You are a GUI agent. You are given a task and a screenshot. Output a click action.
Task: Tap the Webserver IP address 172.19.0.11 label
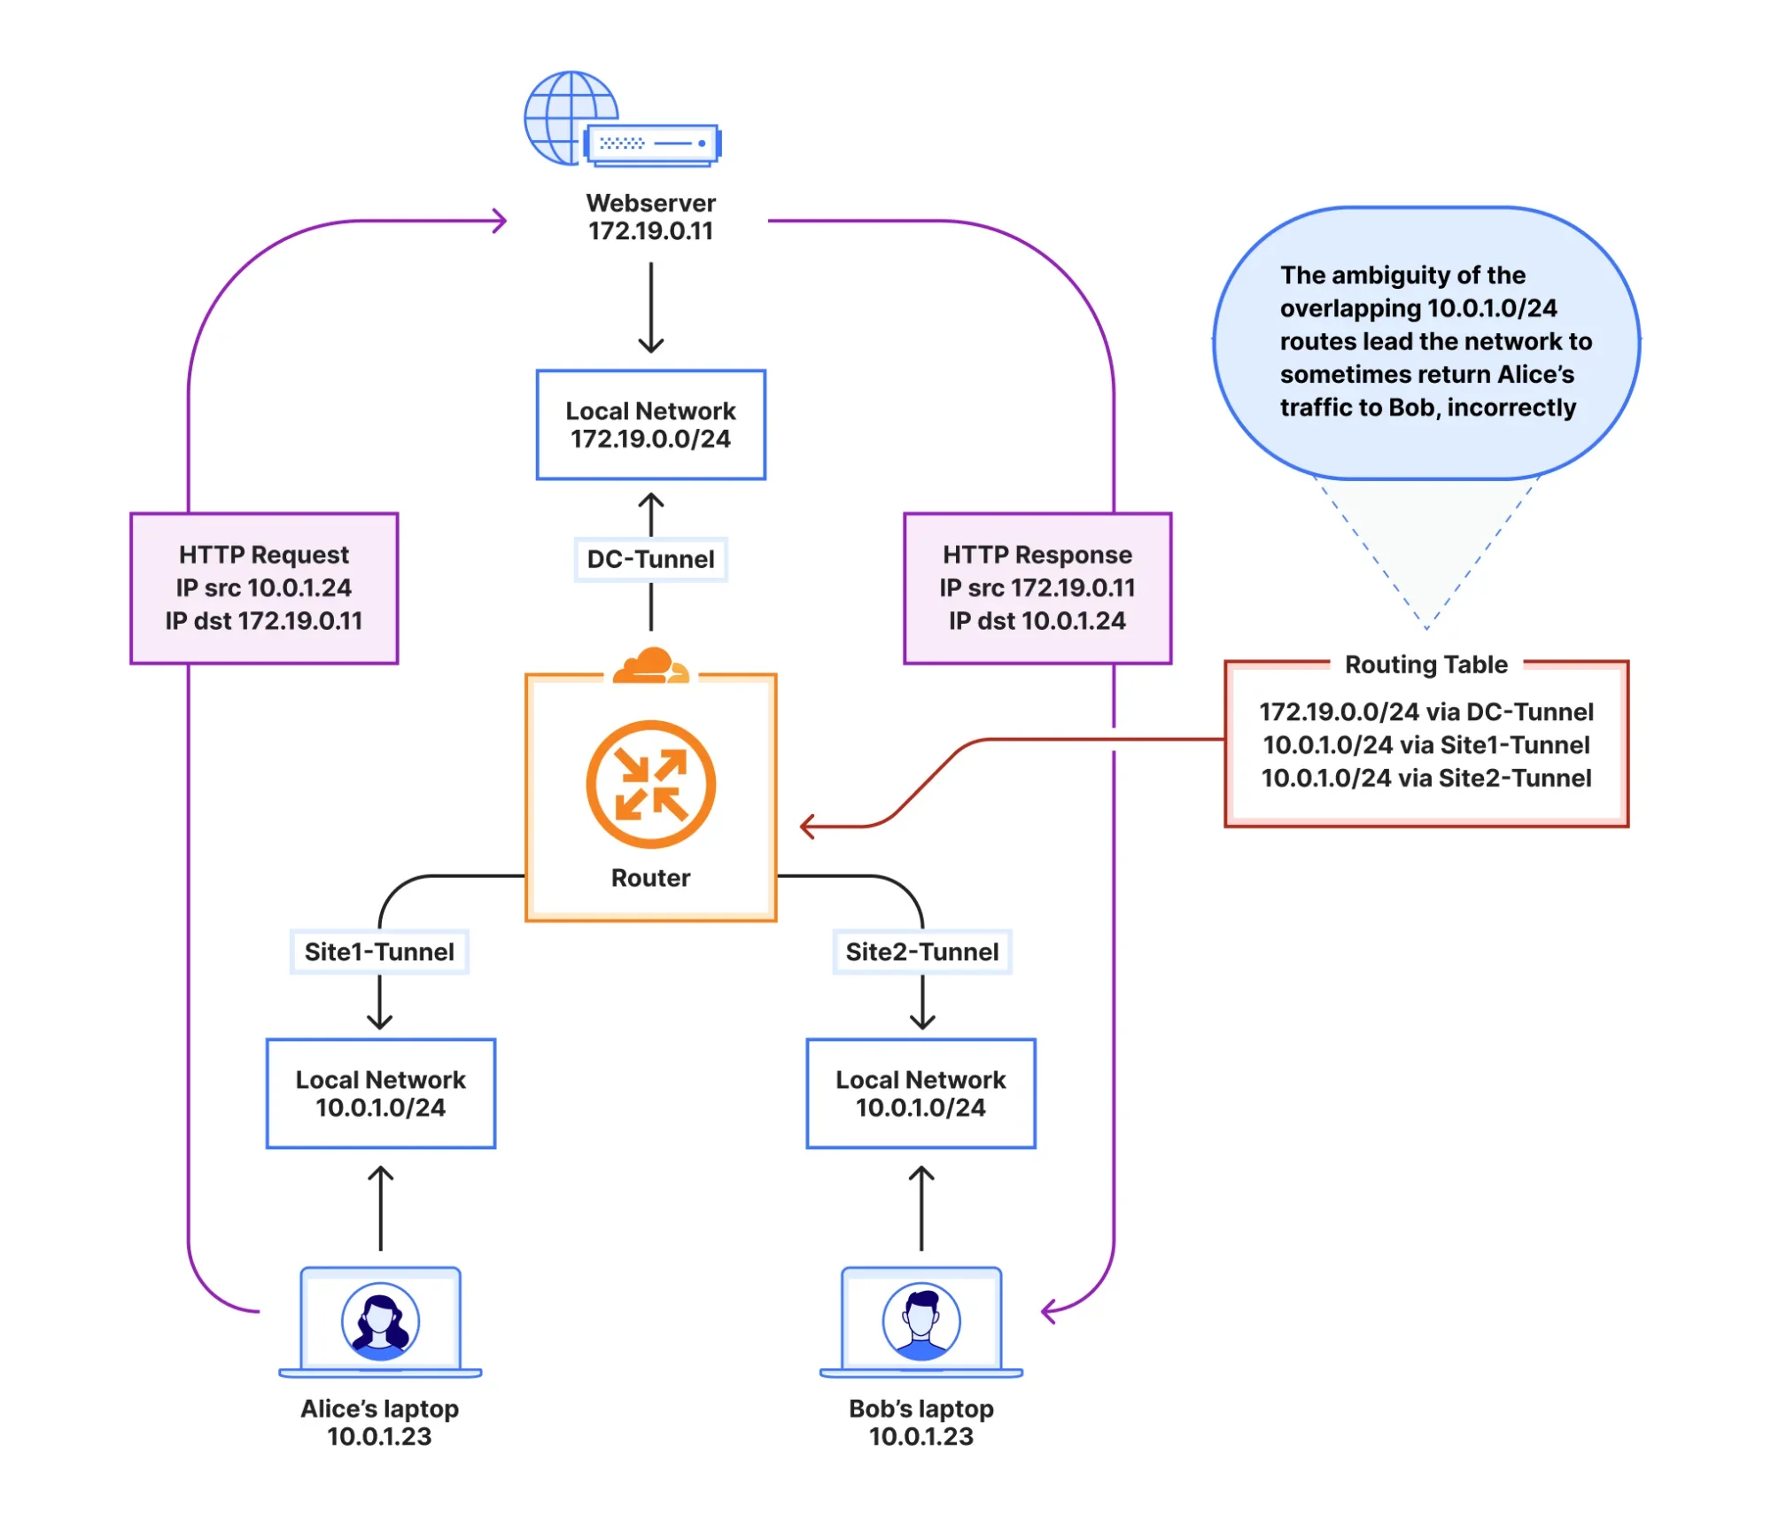(650, 231)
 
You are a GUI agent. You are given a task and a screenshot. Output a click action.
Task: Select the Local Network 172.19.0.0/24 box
(650, 424)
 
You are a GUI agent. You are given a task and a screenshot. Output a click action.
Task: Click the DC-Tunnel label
(650, 559)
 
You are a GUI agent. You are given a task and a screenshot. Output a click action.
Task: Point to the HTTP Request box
(264, 587)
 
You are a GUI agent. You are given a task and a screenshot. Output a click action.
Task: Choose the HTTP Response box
(1037, 587)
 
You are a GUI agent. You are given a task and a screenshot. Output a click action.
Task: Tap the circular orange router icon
(650, 783)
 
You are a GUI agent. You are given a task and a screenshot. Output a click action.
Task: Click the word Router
(650, 877)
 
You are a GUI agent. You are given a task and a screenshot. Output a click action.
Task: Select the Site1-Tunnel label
(379, 952)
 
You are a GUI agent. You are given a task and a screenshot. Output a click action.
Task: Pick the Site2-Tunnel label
(921, 952)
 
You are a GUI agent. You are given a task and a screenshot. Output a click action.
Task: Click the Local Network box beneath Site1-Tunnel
(381, 1093)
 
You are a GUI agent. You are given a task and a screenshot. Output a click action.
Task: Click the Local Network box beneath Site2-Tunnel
(920, 1093)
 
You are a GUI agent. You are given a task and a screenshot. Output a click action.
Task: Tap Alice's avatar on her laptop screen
(380, 1321)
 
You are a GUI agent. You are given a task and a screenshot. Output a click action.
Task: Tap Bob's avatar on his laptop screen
(920, 1321)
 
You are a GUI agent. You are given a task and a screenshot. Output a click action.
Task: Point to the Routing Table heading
(1425, 664)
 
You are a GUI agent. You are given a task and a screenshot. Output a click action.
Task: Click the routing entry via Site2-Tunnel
(1425, 778)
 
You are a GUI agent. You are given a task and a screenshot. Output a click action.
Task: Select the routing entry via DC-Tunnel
(1425, 711)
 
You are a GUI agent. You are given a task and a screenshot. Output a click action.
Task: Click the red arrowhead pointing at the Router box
(805, 827)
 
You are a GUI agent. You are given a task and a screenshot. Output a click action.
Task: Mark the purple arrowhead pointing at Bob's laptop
(1048, 1310)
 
